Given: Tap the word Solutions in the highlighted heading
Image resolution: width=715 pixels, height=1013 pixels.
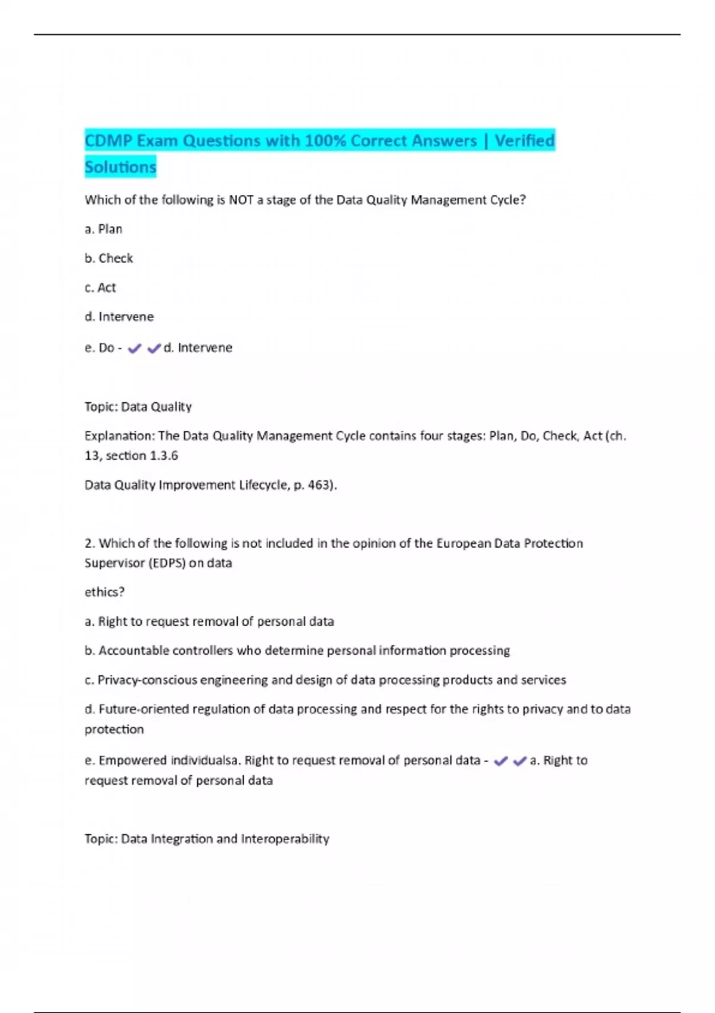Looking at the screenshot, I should coord(120,167).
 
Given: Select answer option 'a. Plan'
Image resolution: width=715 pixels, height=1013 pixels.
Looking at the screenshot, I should coord(104,229).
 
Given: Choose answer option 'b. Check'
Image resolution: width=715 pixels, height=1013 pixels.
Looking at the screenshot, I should coord(109,258).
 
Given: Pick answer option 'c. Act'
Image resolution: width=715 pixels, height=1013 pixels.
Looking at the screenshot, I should coord(101,287).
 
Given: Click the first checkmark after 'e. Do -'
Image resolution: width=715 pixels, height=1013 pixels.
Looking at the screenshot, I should coord(135,348).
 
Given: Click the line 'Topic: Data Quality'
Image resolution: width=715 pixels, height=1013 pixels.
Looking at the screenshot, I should coord(138,406).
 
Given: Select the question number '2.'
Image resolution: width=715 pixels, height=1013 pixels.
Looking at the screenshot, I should coord(90,543).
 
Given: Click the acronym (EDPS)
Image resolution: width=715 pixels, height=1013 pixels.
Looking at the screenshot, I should coord(167,563).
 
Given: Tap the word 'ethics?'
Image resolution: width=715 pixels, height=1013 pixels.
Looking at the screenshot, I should coord(105,592).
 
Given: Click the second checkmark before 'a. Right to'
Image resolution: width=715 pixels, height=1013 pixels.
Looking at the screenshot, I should coord(520,760).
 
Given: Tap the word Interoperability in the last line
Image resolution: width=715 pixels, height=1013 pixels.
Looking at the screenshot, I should coord(285,838).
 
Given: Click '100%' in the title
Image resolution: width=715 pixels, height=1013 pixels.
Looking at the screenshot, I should coord(325,141).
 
